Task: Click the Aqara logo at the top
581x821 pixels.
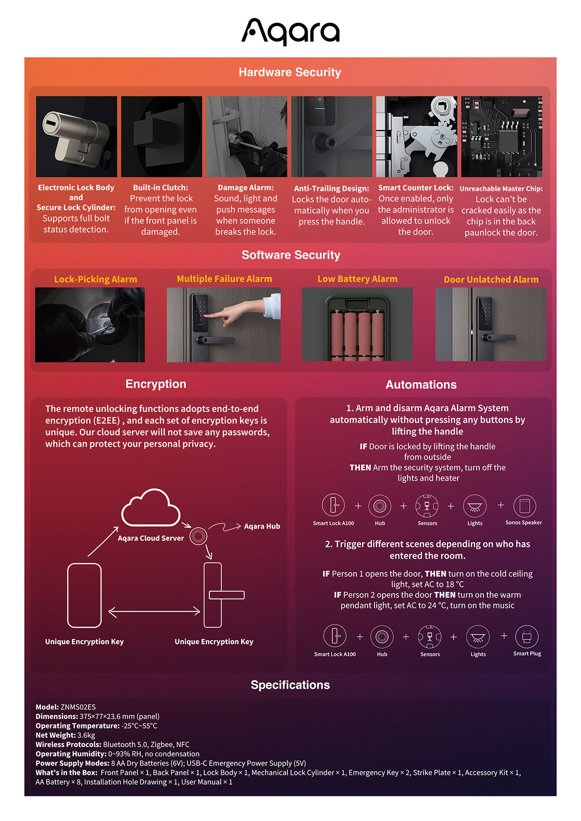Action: (290, 32)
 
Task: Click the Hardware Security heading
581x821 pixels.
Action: (290, 72)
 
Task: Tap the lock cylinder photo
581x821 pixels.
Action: (76, 136)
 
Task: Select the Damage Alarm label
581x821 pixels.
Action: (246, 188)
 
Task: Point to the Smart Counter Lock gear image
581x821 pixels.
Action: (417, 136)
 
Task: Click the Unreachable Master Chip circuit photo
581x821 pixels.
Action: (502, 136)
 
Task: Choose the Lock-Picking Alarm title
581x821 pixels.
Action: (95, 279)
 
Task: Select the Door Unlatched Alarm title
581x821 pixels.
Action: (491, 280)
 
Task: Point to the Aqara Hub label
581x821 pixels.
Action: (262, 526)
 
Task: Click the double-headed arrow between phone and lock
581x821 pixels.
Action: (154, 612)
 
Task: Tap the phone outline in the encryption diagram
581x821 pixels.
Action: (84, 595)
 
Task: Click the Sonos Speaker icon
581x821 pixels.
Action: (525, 506)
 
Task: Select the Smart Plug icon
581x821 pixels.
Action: (527, 637)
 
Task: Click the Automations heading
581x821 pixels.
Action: (421, 384)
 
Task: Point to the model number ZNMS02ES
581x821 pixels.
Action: (78, 707)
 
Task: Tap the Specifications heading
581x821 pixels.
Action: (290, 685)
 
